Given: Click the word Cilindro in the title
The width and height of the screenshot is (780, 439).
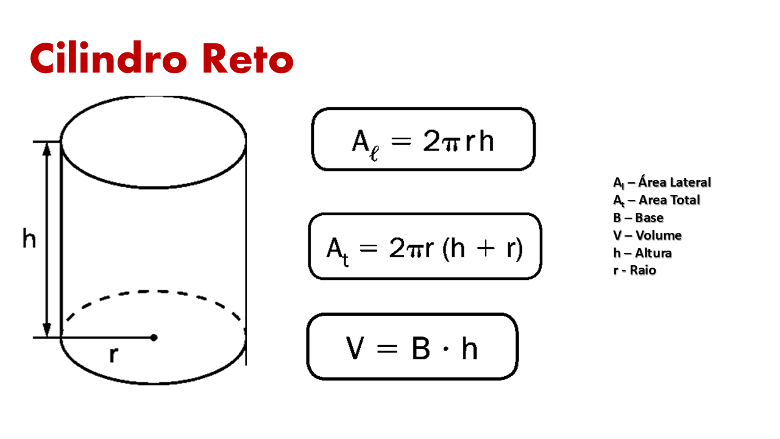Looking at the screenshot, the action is [108, 57].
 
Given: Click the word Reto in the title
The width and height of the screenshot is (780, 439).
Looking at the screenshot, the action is [248, 58].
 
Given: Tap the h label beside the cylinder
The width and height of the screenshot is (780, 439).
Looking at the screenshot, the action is [29, 238].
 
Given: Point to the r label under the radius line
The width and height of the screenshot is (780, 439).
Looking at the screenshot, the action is [113, 355].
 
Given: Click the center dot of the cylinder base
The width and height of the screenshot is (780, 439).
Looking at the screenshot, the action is [154, 337].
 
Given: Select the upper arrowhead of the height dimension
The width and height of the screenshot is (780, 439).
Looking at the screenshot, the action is [47, 149].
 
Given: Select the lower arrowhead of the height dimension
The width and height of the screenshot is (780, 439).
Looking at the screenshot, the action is [47, 330].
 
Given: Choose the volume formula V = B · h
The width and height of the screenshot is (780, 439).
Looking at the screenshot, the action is [412, 348].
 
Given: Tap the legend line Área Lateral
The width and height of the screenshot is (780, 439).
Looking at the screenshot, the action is [662, 182].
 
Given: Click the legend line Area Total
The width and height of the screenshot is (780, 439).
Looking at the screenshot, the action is [656, 201].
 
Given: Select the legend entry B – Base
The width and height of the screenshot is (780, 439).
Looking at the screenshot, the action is [638, 218].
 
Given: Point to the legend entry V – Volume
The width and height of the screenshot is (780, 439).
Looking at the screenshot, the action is [647, 235].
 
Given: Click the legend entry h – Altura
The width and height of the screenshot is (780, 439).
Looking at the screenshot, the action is [642, 253].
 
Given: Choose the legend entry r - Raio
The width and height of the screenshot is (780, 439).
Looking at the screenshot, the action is [635, 270].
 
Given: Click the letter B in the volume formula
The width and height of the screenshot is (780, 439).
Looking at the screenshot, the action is [420, 348].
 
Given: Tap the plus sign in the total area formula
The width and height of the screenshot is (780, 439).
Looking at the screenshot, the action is [486, 248].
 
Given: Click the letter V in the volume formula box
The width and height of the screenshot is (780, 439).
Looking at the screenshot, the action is [355, 348].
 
